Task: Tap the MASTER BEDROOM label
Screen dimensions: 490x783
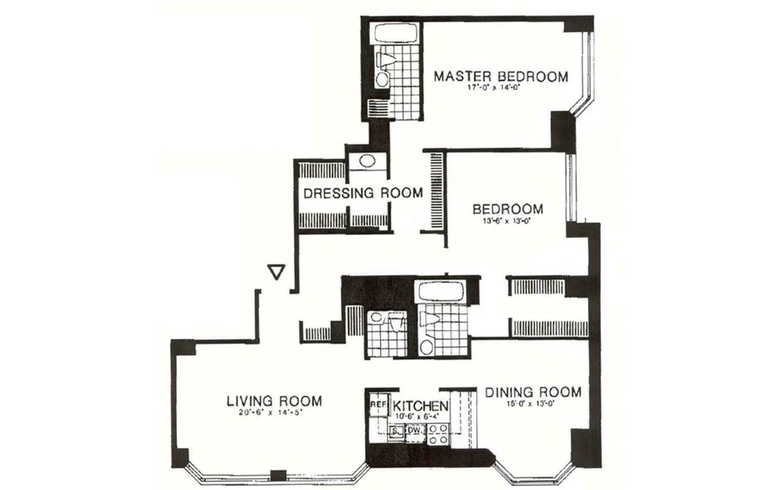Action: coord(501,76)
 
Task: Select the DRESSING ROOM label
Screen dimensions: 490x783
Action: coord(363,193)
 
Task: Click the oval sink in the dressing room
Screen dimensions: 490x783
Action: coord(368,161)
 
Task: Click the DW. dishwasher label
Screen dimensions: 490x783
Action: coord(414,431)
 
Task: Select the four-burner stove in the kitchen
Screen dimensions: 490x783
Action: coord(436,434)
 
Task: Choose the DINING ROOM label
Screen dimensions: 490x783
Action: coord(532,392)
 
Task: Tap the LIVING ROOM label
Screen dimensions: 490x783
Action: coord(274,400)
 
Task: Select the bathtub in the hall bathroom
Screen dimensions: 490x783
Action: coord(440,292)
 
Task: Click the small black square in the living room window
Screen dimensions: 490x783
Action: coord(279,476)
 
